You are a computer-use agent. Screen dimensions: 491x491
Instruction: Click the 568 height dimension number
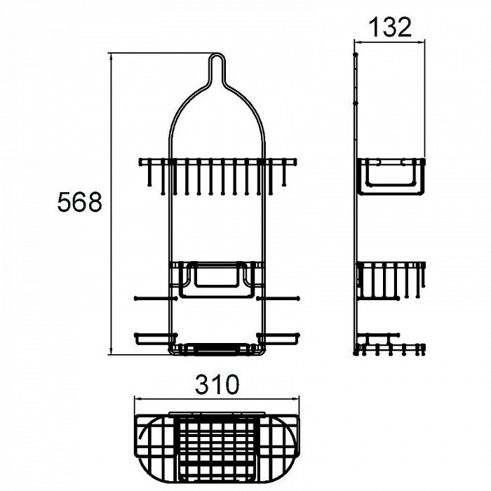pos(79,202)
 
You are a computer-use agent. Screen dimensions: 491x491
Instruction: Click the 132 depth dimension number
pos(390,27)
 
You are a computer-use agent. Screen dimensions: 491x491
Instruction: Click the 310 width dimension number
pos(217,384)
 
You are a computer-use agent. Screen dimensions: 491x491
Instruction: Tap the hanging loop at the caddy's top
pos(216,54)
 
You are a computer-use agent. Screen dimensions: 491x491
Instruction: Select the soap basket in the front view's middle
pos(216,280)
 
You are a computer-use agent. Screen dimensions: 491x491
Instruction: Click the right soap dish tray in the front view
pos(278,339)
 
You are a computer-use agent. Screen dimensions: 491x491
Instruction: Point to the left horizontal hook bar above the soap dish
pos(156,298)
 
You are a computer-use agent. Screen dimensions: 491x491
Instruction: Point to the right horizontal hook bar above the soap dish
pos(278,298)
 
